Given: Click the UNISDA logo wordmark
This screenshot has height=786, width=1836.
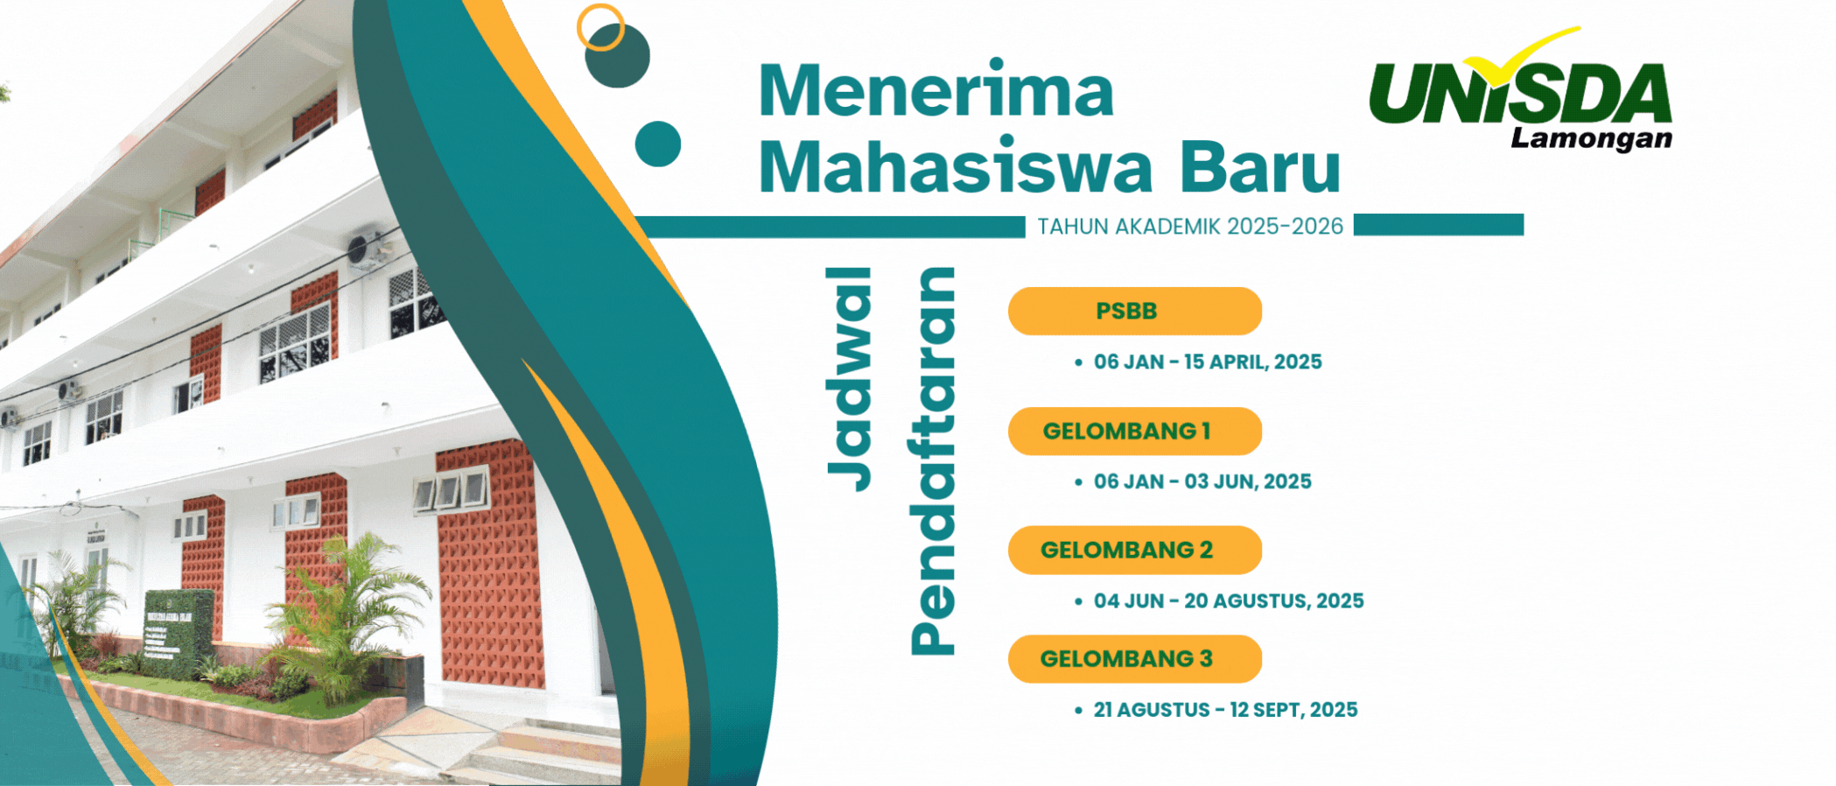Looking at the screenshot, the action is click(1520, 93).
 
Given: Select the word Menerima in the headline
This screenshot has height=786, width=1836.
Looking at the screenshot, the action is click(936, 89).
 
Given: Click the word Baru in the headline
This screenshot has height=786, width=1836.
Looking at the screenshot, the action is click(1260, 166).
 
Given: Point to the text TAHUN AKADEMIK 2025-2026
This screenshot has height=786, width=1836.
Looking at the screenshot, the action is click(1190, 227).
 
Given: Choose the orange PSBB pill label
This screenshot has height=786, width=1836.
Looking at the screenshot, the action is click(1135, 311).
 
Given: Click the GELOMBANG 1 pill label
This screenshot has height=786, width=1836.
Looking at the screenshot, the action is click(1135, 431).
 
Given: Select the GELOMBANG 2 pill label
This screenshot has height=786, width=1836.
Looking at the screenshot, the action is click(1135, 550).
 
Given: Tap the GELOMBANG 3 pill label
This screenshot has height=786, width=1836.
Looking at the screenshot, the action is click(1135, 658).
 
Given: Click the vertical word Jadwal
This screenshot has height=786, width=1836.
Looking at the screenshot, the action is click(849, 379).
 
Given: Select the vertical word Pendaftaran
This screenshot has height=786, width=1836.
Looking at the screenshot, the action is click(932, 461).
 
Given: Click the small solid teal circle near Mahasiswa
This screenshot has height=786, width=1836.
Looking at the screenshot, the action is click(658, 144).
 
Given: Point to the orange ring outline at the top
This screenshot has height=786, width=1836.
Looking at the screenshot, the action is click(600, 27).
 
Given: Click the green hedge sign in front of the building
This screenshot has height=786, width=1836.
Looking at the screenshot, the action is click(179, 632).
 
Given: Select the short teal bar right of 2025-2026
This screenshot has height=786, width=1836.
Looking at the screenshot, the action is click(1439, 225).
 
